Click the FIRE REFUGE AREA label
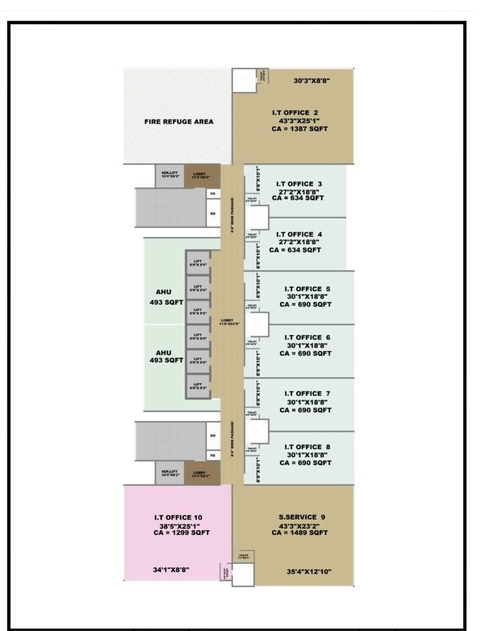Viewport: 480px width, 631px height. pyautogui.click(x=179, y=122)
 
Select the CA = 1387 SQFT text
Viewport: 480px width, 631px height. pyautogui.click(x=299, y=128)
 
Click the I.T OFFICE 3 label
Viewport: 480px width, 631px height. pyautogui.click(x=299, y=183)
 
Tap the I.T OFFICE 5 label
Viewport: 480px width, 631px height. pyautogui.click(x=307, y=289)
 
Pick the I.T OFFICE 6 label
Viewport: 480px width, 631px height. pyautogui.click(x=307, y=337)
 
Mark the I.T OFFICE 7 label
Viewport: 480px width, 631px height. pyautogui.click(x=307, y=393)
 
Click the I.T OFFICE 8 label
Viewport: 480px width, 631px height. pyautogui.click(x=307, y=447)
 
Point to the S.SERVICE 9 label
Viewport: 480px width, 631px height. pyautogui.click(x=301, y=516)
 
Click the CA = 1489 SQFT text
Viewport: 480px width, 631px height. pyautogui.click(x=300, y=532)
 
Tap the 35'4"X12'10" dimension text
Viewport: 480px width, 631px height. pyautogui.click(x=308, y=572)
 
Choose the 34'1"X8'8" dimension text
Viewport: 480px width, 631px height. pyautogui.click(x=171, y=569)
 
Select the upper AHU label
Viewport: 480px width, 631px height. pyautogui.click(x=164, y=292)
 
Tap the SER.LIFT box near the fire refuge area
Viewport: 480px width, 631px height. pyautogui.click(x=169, y=176)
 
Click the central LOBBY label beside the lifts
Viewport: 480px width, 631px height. pyautogui.click(x=226, y=322)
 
